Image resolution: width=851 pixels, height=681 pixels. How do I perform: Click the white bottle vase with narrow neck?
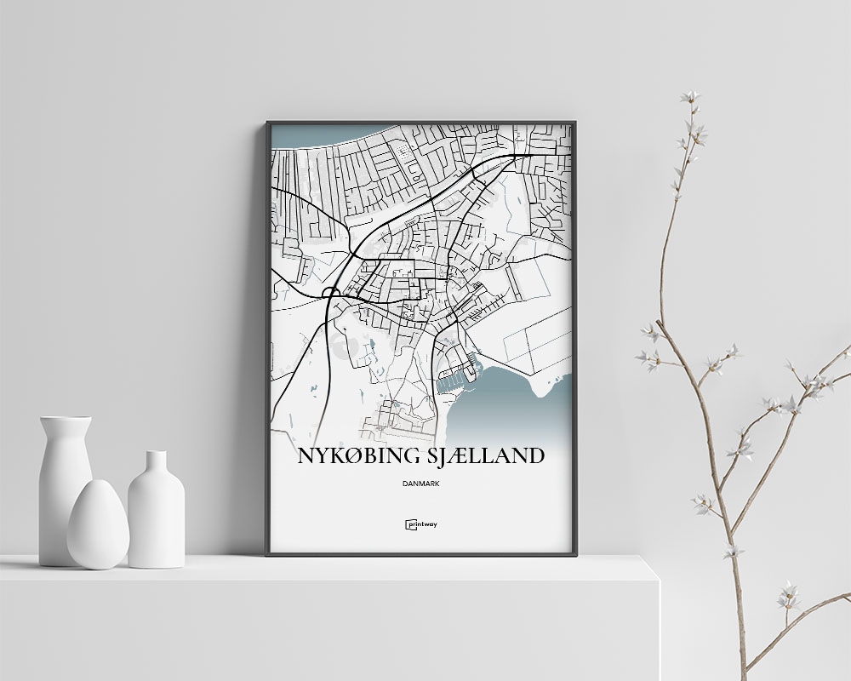pos(156,511)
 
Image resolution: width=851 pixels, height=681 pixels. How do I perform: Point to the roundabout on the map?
pos(331,293)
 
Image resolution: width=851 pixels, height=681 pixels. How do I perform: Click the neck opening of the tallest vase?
pos(66,419)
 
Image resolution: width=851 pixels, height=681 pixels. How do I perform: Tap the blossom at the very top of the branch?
pos(690,97)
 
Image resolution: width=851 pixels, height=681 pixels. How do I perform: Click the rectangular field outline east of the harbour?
pos(536,340)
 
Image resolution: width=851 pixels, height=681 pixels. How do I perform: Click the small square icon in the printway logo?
pos(409,524)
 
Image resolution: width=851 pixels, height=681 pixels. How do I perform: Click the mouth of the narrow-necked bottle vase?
pos(156,453)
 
